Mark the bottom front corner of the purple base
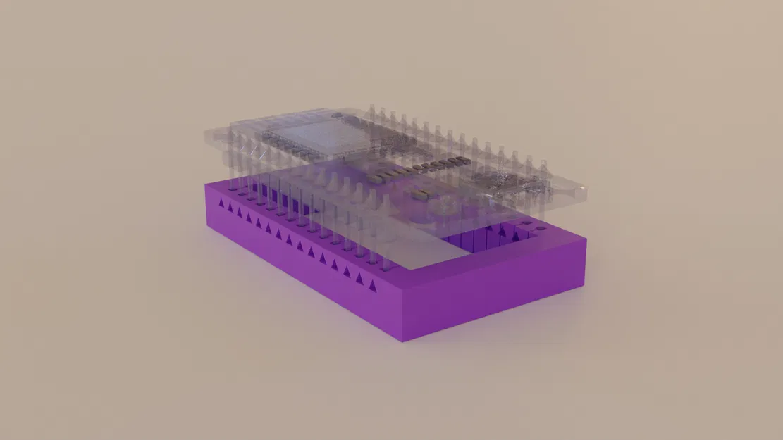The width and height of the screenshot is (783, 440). (402, 341)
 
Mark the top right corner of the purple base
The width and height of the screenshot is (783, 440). (585, 240)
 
